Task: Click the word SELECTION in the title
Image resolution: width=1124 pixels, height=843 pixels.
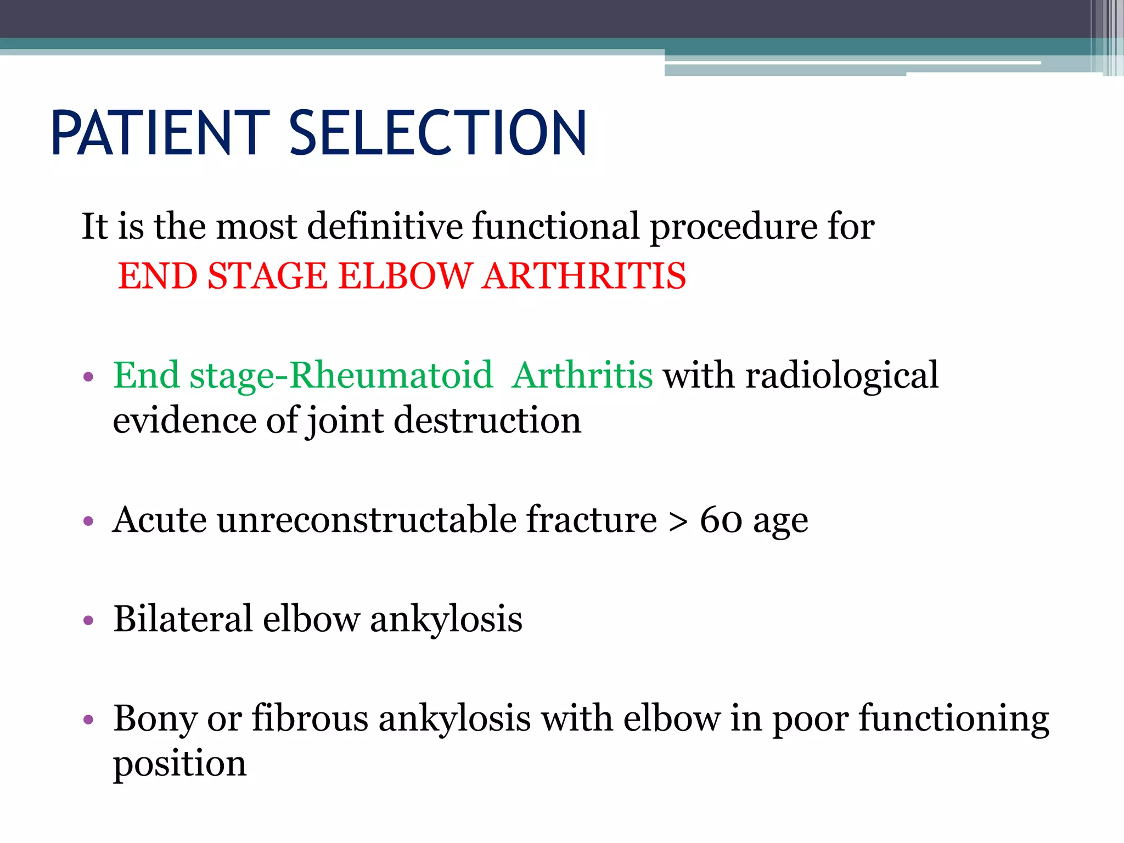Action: (x=437, y=133)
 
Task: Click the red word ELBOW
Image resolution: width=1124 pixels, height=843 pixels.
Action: (x=405, y=276)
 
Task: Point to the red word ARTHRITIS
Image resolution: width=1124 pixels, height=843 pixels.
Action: (x=584, y=276)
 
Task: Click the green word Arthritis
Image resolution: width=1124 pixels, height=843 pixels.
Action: (x=582, y=376)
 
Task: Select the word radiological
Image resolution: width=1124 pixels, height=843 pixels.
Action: (x=841, y=377)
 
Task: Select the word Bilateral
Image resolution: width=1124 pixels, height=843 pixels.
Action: (x=183, y=619)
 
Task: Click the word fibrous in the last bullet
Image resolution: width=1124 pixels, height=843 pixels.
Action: (x=310, y=718)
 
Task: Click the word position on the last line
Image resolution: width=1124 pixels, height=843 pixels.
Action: (x=179, y=764)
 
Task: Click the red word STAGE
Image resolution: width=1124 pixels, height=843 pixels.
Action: (x=267, y=276)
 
